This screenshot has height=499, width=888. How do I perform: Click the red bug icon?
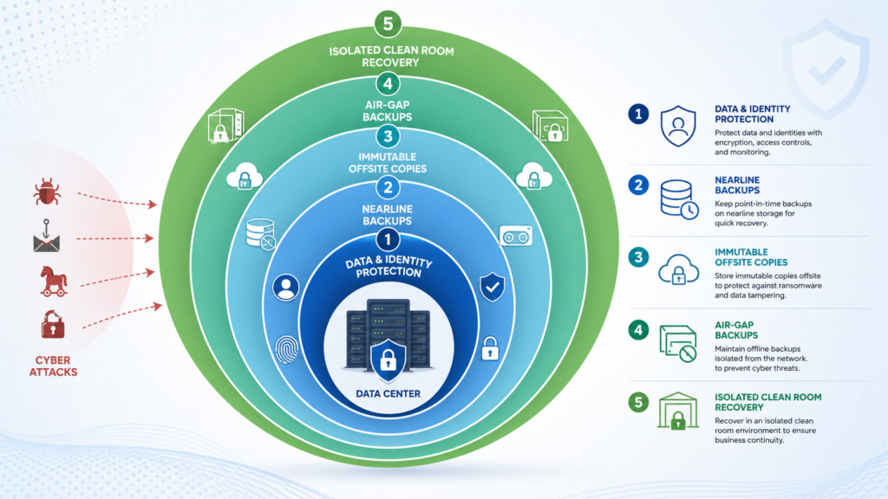[47, 191]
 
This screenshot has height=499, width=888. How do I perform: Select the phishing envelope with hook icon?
[47, 236]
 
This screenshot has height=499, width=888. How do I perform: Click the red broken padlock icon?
[53, 324]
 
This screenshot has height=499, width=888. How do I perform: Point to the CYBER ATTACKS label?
[53, 366]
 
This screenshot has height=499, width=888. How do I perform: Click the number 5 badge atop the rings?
[388, 24]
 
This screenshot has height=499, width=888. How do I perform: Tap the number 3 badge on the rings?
[388, 136]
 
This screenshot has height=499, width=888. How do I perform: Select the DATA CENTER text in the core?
[388, 394]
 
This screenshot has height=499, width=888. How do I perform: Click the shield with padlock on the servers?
[388, 360]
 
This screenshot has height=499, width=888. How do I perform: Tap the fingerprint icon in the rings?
[286, 349]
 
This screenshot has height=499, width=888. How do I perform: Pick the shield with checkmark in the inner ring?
[493, 287]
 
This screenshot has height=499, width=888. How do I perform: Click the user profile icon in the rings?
[286, 288]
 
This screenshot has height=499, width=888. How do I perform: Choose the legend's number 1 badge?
[638, 114]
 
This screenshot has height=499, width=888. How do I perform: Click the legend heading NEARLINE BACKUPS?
[737, 185]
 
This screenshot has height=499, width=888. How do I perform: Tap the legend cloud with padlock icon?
[678, 269]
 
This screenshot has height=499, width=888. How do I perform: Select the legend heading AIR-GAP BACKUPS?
[735, 330]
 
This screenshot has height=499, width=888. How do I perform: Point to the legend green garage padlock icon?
[678, 411]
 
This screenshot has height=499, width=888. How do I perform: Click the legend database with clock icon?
[679, 200]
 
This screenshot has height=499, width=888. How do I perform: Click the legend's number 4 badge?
[638, 330]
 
